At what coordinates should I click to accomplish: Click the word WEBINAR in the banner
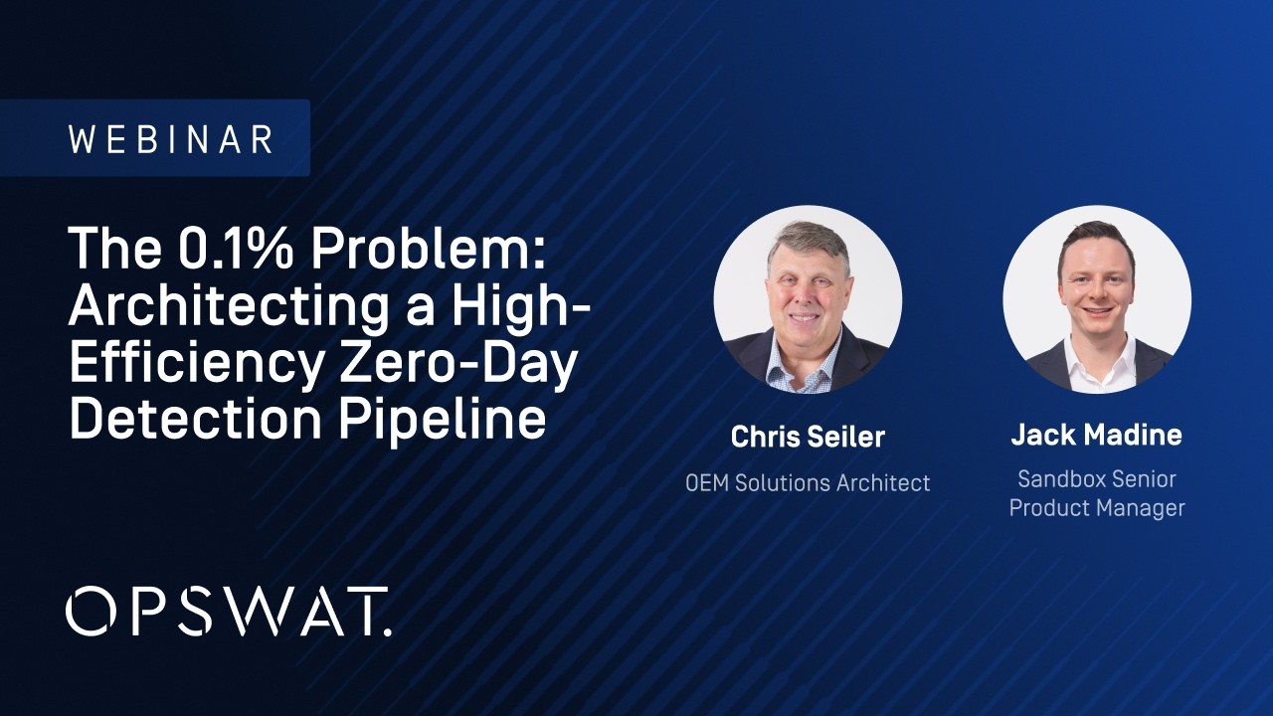[170, 138]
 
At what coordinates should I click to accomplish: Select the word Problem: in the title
[428, 251]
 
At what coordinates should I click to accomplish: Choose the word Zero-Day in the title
[458, 364]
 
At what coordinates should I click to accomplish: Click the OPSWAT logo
[229, 611]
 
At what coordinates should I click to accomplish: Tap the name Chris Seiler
[808, 437]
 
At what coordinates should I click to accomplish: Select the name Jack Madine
[1096, 435]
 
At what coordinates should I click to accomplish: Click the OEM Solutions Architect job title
[808, 483]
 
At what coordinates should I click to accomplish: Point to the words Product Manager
[1097, 508]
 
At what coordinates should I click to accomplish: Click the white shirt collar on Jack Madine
[1096, 360]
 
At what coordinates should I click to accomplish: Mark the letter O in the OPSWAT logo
[92, 611]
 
